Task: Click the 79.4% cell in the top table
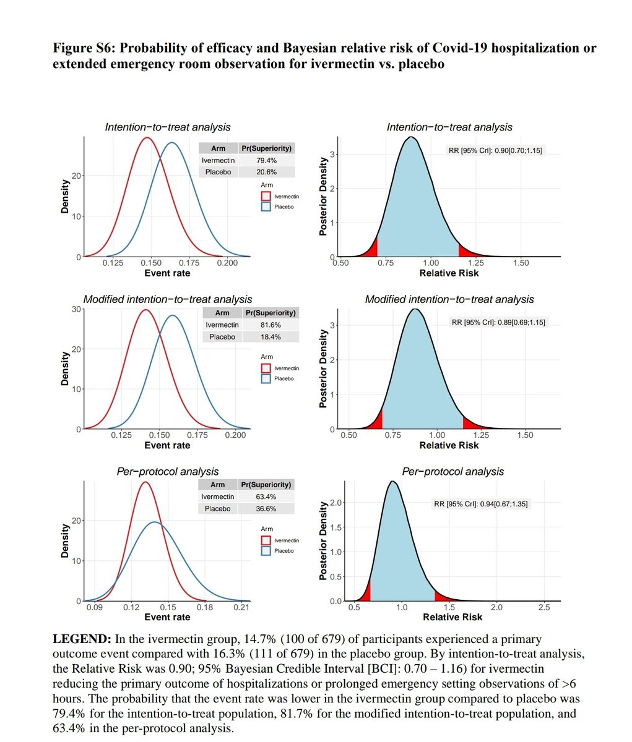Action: pyautogui.click(x=266, y=160)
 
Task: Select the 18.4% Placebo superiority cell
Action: pyautogui.click(x=271, y=337)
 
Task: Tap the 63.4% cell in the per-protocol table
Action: pyautogui.click(x=266, y=497)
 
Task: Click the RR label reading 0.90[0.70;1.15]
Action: pyautogui.click(x=495, y=150)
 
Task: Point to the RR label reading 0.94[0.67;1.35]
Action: pyautogui.click(x=481, y=504)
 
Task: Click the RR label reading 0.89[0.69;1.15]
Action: pyautogui.click(x=499, y=322)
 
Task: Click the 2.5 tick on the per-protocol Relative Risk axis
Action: pyautogui.click(x=544, y=608)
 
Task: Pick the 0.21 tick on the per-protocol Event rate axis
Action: pyautogui.click(x=241, y=608)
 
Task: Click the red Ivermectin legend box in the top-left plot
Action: pyautogui.click(x=266, y=195)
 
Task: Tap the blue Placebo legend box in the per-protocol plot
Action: pyautogui.click(x=266, y=550)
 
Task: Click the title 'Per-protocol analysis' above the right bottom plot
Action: pyautogui.click(x=452, y=472)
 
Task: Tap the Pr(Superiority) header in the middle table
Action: pyautogui.click(x=271, y=313)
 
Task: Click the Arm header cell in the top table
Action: pyautogui.click(x=219, y=148)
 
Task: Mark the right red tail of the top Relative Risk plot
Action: pyautogui.click(x=466, y=250)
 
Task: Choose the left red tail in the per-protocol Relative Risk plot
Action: pyautogui.click(x=365, y=591)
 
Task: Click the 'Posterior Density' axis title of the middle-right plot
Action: pyautogui.click(x=322, y=369)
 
